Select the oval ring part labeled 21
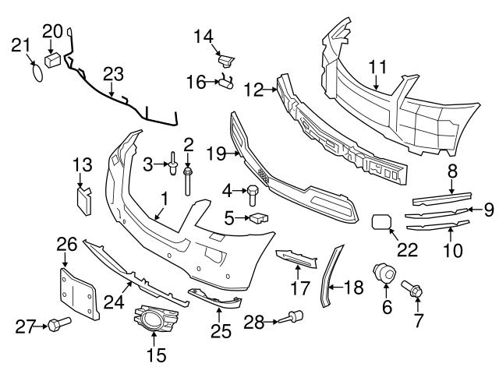pos(35,72)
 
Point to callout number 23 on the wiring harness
pos(114,75)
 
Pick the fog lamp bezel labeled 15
pos(154,320)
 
